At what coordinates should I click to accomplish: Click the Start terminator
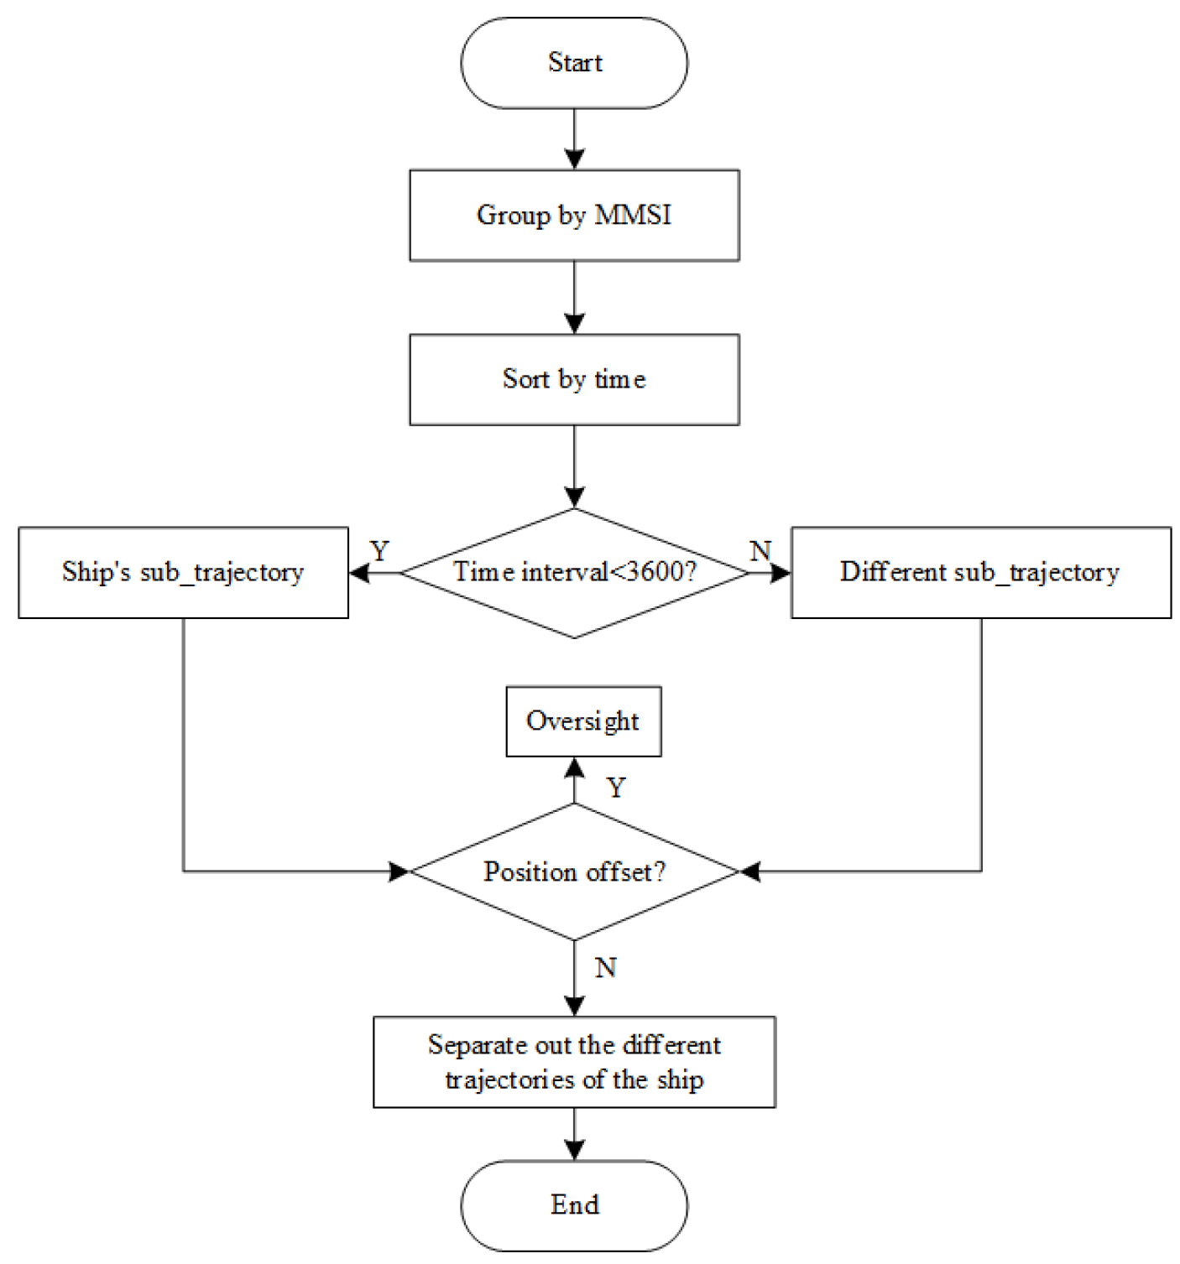point(574,63)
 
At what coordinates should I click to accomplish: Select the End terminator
point(574,1205)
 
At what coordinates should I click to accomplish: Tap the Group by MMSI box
point(574,216)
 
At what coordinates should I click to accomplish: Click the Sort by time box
point(574,380)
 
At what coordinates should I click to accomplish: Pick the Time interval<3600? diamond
point(574,573)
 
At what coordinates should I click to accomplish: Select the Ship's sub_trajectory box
point(183,573)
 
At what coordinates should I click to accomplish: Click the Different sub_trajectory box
point(980,573)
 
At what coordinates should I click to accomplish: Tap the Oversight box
point(583,721)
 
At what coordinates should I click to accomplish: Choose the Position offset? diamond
point(574,872)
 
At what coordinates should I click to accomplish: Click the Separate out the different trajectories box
point(574,1063)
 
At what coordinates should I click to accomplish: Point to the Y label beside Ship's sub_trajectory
point(379,551)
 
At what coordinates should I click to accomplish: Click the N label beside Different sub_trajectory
point(760,551)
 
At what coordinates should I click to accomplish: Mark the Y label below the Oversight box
point(616,788)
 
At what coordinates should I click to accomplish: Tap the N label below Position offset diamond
point(605,968)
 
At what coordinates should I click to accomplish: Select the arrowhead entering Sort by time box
point(574,324)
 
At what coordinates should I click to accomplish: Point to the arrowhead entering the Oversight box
point(574,767)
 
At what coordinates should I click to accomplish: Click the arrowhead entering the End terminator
point(574,1150)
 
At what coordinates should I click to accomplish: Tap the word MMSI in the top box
point(633,216)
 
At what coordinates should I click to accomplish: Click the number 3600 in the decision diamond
point(655,573)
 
